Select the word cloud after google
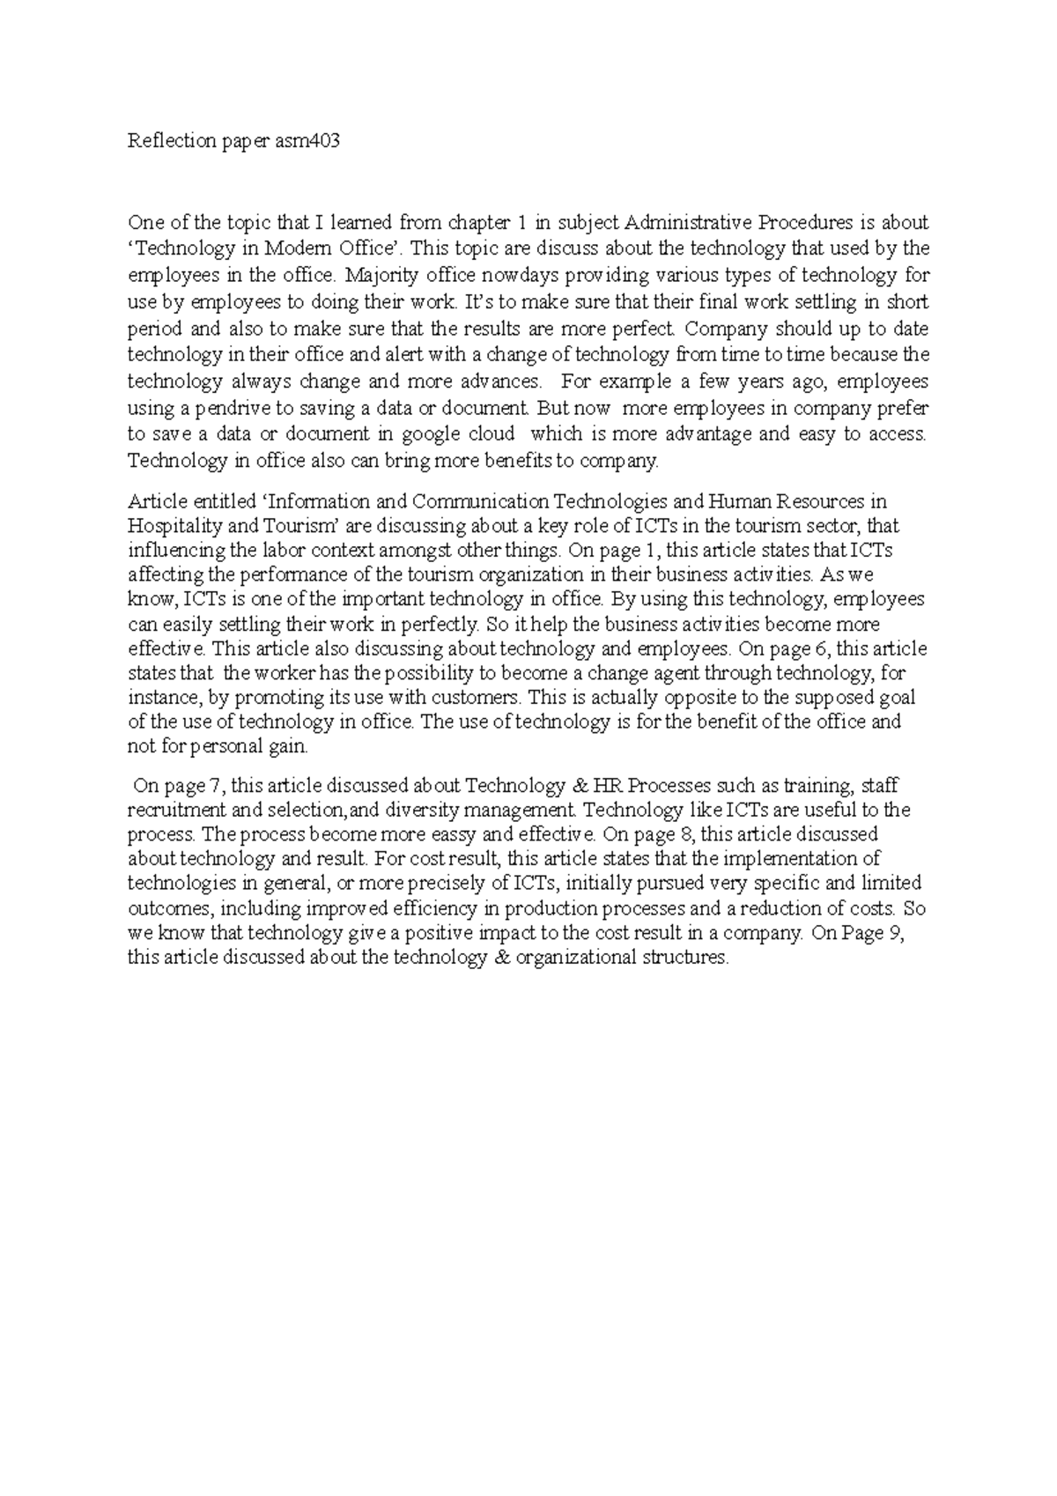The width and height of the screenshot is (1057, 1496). pyautogui.click(x=494, y=434)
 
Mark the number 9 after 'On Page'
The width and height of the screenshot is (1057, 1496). pyautogui.click(x=897, y=933)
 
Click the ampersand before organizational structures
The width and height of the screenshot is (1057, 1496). pyautogui.click(x=504, y=958)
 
